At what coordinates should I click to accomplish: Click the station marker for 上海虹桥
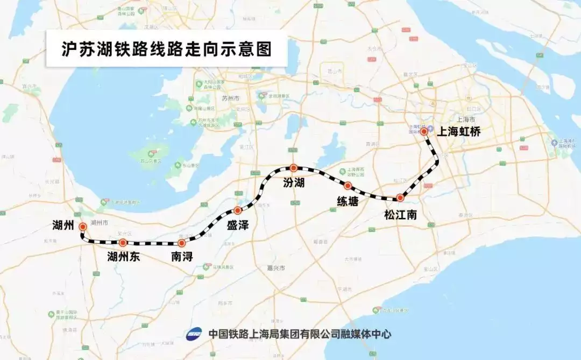[x=424, y=131]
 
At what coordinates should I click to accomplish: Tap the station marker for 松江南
[x=400, y=197]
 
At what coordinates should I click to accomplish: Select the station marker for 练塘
[x=348, y=186]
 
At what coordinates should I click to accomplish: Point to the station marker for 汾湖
[x=293, y=168]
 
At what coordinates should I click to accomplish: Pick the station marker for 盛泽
[x=237, y=210]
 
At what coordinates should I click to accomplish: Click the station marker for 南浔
[x=181, y=243]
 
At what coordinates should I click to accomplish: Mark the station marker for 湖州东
[x=123, y=243]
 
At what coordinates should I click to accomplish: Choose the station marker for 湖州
[x=82, y=227]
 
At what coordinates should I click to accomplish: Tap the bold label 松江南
[x=400, y=215]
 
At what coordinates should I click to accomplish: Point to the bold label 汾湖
[x=294, y=183]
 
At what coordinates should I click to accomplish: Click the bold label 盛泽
[x=237, y=225]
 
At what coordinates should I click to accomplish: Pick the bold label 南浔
[x=182, y=257]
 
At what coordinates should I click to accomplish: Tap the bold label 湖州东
[x=123, y=257]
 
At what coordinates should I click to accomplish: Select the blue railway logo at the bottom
[x=194, y=334]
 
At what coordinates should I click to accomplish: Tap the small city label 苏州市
[x=230, y=98]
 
